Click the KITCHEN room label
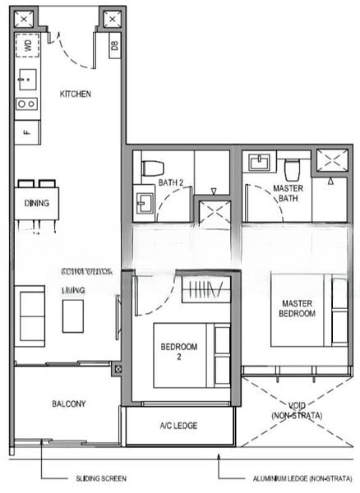coord(76,94)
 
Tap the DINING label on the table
coord(36,203)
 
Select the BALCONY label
coord(68,403)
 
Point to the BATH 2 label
coord(170,182)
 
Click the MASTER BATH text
coord(288,194)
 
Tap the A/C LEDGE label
coord(178,426)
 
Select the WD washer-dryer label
coord(29,46)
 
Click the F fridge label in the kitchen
coord(26,130)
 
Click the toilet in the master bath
coord(292,168)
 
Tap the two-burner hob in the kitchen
coord(26,104)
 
